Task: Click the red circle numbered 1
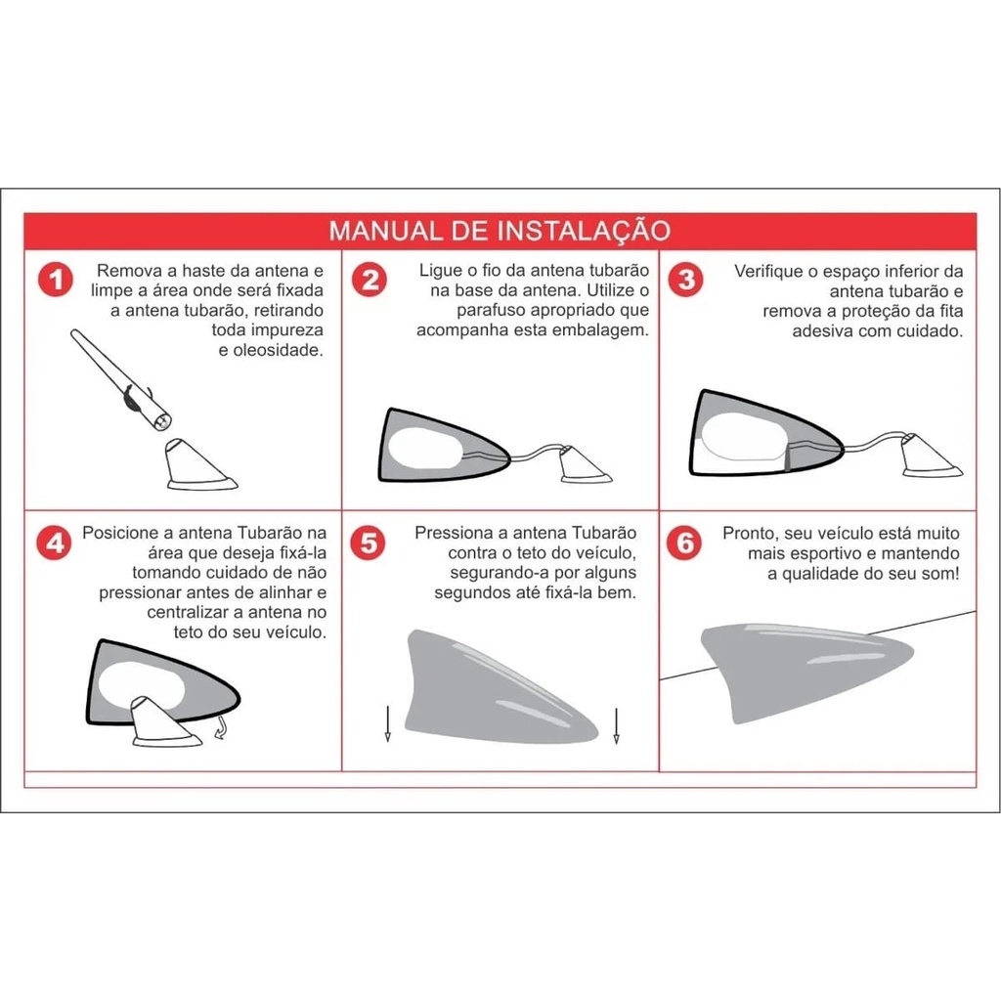(x=56, y=280)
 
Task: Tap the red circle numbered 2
(x=370, y=280)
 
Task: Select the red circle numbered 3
(x=686, y=280)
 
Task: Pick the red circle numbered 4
(x=55, y=543)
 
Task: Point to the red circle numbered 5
(x=369, y=543)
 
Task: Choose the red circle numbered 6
(x=684, y=543)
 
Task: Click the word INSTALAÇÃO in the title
(x=584, y=231)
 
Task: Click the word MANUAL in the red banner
(x=385, y=231)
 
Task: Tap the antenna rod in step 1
(x=121, y=380)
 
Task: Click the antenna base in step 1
(x=199, y=465)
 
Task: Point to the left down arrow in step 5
(x=387, y=724)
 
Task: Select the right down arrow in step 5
(x=616, y=726)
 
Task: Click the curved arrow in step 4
(x=222, y=727)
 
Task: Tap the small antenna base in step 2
(x=585, y=464)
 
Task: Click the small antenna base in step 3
(x=931, y=456)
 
